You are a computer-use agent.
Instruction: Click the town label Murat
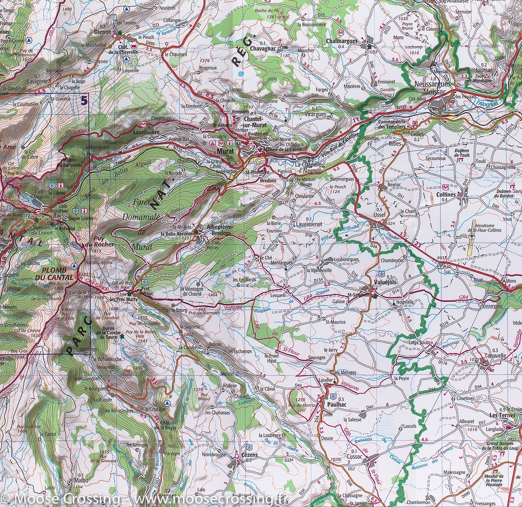(225, 151)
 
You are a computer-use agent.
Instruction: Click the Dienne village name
(103, 31)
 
